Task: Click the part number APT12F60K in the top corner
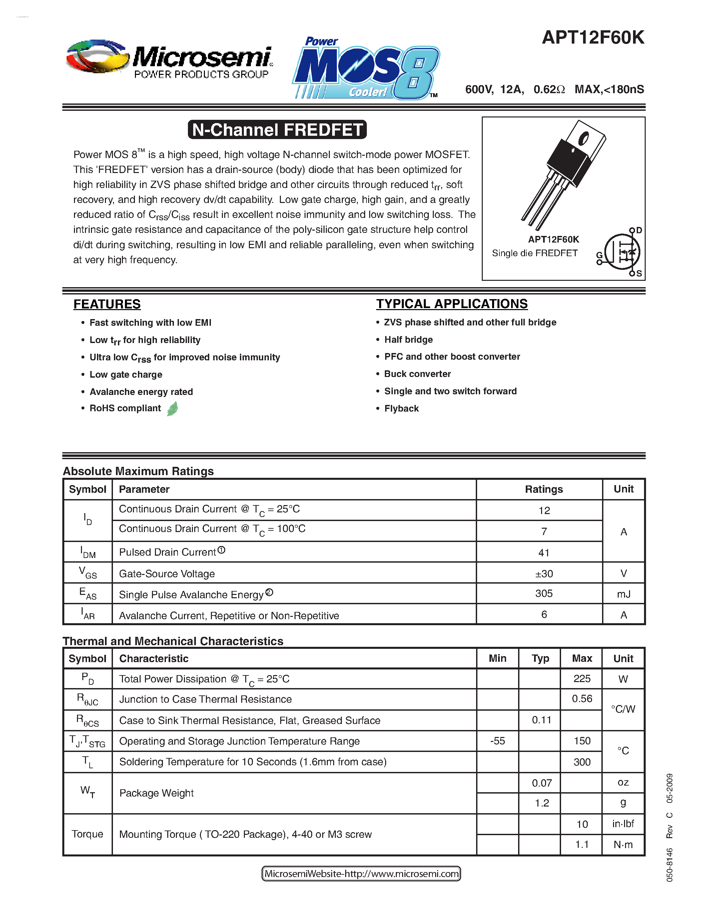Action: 593,38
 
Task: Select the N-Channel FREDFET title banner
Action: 277,129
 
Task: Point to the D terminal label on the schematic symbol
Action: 639,230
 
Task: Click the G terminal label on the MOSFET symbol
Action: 599,255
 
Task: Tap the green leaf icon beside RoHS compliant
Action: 172,409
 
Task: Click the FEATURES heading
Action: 107,304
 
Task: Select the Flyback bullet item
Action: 401,409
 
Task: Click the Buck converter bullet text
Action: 417,374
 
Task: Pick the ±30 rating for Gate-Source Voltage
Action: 544,574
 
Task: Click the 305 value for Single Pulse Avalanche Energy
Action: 544,594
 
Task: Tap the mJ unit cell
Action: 623,594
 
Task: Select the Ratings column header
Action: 544,489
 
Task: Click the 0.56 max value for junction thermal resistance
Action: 582,699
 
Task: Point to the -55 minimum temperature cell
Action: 497,741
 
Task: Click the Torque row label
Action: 87,834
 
